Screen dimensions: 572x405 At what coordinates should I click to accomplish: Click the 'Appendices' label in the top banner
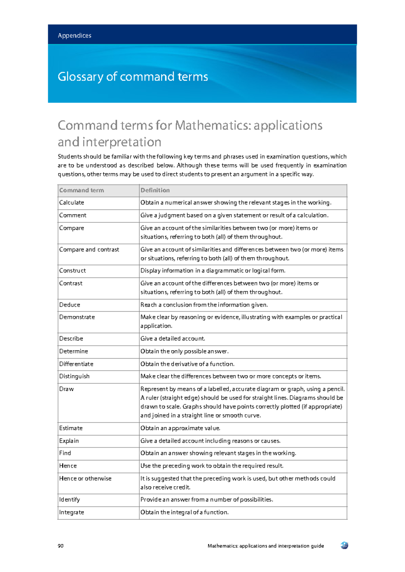point(75,35)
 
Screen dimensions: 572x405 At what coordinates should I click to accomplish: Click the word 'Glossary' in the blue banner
point(80,77)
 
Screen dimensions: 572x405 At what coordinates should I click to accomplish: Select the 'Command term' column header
point(82,190)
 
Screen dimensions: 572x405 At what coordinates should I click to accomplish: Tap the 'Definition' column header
point(155,190)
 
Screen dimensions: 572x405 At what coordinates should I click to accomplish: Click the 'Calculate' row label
point(72,203)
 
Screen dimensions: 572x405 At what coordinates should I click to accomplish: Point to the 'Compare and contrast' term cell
point(89,250)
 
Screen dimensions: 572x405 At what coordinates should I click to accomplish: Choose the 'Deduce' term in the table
point(70,305)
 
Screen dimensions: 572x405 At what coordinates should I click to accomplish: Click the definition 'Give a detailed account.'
point(173,339)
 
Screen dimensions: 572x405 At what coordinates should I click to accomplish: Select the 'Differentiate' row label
point(76,364)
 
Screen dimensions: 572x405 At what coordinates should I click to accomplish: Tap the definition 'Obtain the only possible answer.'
point(185,351)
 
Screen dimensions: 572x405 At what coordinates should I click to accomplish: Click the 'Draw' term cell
point(66,389)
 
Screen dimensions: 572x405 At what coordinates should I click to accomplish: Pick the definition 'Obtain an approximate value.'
point(180,428)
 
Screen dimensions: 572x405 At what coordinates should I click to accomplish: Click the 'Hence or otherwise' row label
point(85,479)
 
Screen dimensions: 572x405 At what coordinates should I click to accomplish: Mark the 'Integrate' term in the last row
point(72,513)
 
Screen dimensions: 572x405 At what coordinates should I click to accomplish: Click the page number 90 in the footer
point(61,546)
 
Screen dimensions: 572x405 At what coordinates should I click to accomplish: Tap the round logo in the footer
point(344,545)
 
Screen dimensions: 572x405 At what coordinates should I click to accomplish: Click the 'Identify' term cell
point(70,500)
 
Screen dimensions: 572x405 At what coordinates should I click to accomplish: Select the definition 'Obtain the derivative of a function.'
point(187,364)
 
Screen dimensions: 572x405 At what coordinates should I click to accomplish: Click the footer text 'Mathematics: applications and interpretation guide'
point(266,546)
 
